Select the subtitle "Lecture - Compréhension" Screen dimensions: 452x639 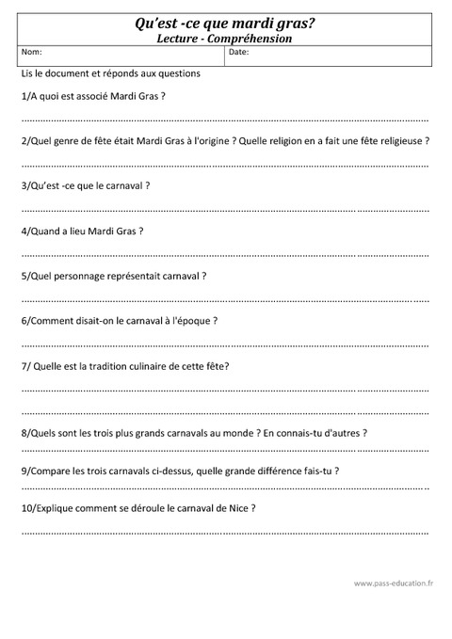tap(225, 39)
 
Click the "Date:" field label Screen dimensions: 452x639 tap(239, 54)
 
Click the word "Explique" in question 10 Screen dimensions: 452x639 tap(57, 508)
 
